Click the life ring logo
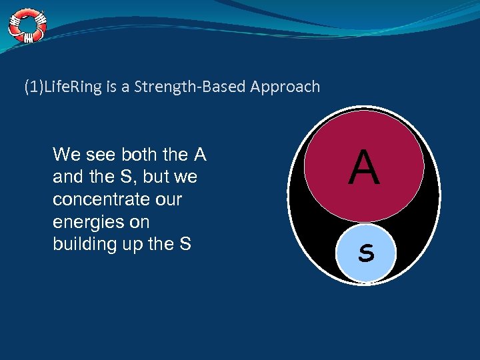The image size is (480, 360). point(27,25)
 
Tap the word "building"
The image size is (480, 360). point(85,244)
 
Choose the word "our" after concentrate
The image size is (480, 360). point(167,200)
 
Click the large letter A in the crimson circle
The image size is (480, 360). point(364,168)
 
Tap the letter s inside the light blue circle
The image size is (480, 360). point(365,253)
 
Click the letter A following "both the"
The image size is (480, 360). point(199,155)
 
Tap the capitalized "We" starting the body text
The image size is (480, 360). point(66,155)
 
